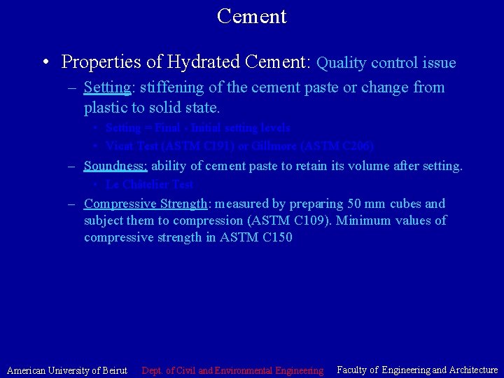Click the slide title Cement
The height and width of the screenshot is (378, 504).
(251, 15)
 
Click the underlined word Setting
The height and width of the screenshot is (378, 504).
(107, 88)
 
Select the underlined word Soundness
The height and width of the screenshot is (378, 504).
(115, 166)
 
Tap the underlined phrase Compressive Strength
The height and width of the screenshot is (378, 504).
(145, 204)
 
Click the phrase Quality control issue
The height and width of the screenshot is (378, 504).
(386, 63)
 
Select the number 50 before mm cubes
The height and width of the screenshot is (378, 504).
(357, 204)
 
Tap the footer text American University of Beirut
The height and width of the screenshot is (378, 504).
(67, 370)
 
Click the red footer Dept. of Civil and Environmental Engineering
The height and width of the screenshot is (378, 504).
(232, 370)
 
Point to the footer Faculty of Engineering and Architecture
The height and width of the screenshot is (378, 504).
(417, 370)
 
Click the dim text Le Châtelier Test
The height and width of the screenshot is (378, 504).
(149, 185)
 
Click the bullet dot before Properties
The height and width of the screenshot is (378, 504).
(45, 63)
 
